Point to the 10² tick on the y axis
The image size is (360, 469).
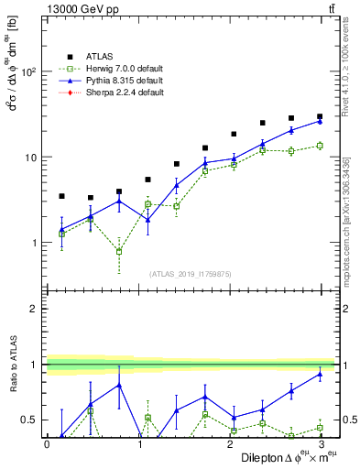pyautogui.click(x=29, y=71)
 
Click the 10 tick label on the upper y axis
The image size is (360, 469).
pyautogui.click(x=31, y=158)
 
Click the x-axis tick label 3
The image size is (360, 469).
pyautogui.click(x=320, y=444)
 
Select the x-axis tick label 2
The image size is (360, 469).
pyautogui.click(x=229, y=444)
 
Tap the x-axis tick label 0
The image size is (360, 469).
pyautogui.click(x=47, y=444)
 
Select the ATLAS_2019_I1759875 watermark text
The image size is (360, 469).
pyautogui.click(x=190, y=274)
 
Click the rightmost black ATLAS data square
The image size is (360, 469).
pyautogui.click(x=320, y=116)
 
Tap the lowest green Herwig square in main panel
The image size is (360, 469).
pyautogui.click(x=119, y=251)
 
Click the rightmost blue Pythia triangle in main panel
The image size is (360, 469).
pyautogui.click(x=320, y=121)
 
